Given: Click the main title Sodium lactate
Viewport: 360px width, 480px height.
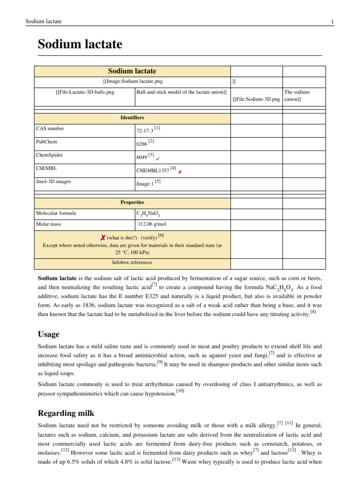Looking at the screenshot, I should click(80, 45).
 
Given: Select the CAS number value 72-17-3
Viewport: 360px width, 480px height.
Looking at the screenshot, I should click(144, 129).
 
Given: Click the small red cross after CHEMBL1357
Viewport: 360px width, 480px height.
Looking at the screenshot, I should click(180, 172).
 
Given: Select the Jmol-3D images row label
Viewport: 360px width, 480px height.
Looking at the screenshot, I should click(53, 181).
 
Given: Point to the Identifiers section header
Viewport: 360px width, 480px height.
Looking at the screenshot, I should click(132, 117).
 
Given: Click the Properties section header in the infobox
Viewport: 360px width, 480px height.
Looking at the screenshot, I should click(132, 202).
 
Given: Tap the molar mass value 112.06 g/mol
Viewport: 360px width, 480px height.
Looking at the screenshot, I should click(152, 224).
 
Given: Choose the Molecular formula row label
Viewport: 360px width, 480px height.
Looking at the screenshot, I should click(56, 213).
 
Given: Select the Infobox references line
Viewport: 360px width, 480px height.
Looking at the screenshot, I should click(132, 262).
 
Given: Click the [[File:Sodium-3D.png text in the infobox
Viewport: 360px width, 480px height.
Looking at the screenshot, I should click(256, 99).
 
